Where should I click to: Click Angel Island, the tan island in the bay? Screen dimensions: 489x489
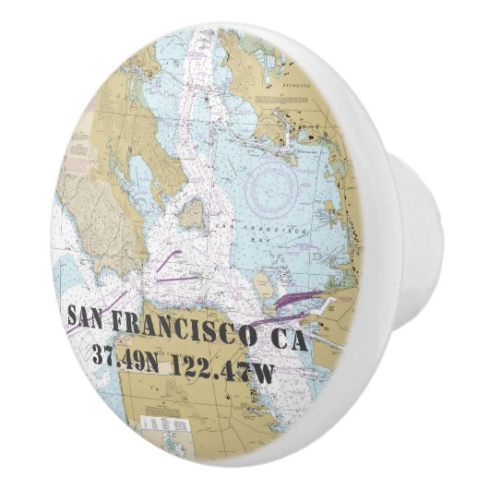point(192,214)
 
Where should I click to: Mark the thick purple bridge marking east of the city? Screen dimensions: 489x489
point(295,299)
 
